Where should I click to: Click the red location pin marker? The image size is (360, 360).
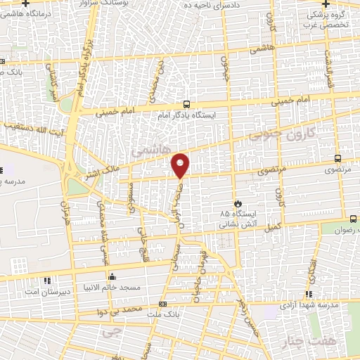coord(181,165)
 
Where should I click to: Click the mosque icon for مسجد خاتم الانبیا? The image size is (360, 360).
coord(111,276)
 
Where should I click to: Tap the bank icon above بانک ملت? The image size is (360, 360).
coord(163,304)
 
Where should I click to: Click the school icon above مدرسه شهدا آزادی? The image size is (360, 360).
coord(308,295)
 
